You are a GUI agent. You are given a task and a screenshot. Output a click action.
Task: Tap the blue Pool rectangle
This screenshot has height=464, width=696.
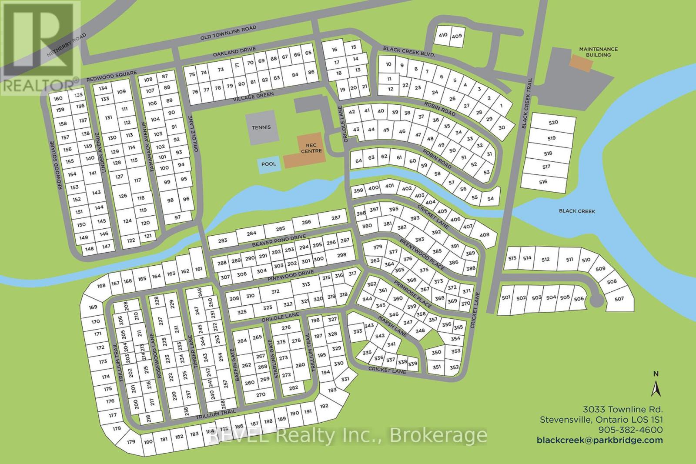click(x=269, y=164)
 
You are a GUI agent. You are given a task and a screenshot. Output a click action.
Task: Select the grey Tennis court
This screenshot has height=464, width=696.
click(x=261, y=127)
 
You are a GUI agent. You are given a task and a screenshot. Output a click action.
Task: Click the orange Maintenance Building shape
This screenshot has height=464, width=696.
click(x=582, y=65)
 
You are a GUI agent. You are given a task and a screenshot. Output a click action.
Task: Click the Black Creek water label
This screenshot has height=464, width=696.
click(x=577, y=211)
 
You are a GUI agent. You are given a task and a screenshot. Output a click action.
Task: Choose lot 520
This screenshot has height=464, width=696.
click(x=552, y=123)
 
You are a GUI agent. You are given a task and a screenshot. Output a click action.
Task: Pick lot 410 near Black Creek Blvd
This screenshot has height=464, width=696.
click(x=443, y=36)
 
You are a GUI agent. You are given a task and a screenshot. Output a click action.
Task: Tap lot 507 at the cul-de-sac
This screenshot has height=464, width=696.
click(x=619, y=298)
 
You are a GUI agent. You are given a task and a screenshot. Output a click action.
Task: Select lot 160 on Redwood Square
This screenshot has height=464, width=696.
click(x=58, y=99)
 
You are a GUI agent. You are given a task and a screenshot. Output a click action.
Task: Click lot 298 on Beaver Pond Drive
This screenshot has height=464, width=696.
click(x=341, y=255)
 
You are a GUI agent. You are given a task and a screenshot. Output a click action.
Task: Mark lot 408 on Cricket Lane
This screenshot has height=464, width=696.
click(x=484, y=235)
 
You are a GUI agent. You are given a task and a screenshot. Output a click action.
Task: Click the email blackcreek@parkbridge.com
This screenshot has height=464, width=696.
click(x=600, y=440)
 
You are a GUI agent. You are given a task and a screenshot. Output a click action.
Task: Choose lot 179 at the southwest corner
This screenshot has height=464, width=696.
click(x=131, y=442)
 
